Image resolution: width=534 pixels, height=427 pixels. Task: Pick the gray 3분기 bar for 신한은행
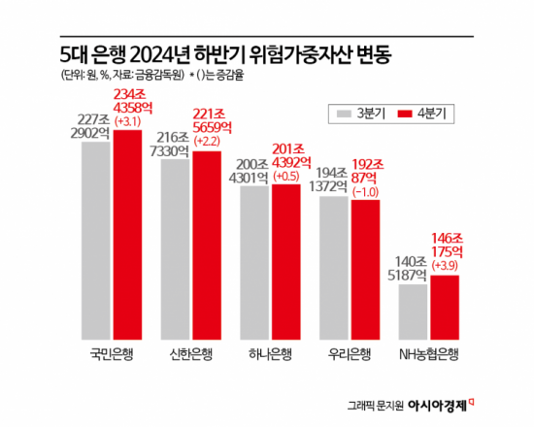click(x=176, y=247)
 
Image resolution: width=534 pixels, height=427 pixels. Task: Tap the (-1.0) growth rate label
click(x=366, y=191)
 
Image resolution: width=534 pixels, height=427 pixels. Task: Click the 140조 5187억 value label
click(x=414, y=269)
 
